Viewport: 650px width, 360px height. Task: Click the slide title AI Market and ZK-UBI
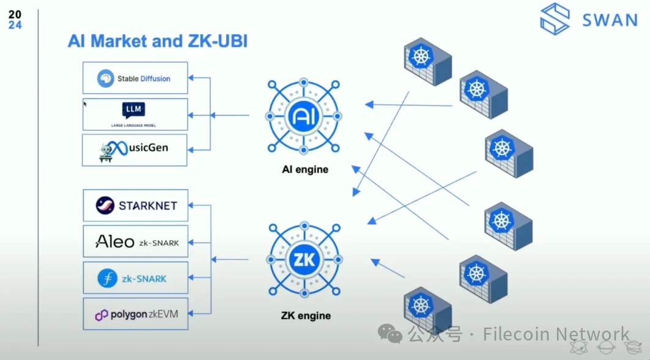point(157,41)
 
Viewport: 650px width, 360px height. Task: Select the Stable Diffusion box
point(135,78)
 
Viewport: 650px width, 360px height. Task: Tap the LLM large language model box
point(135,114)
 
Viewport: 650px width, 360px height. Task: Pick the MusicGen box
point(135,150)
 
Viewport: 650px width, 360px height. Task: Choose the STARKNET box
point(135,205)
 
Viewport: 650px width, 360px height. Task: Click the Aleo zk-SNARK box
point(135,241)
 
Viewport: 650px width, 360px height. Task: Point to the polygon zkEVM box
point(135,314)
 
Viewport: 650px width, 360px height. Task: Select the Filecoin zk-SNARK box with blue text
point(135,278)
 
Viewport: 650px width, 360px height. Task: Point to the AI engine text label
point(305,169)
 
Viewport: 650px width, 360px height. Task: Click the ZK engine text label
point(306,315)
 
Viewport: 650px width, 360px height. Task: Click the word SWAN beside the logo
point(610,20)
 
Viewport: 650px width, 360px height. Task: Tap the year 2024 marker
point(15,20)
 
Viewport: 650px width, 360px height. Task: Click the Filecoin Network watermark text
point(555,334)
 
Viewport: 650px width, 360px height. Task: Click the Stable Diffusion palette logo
point(106,78)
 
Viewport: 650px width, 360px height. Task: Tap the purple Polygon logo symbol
point(102,315)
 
